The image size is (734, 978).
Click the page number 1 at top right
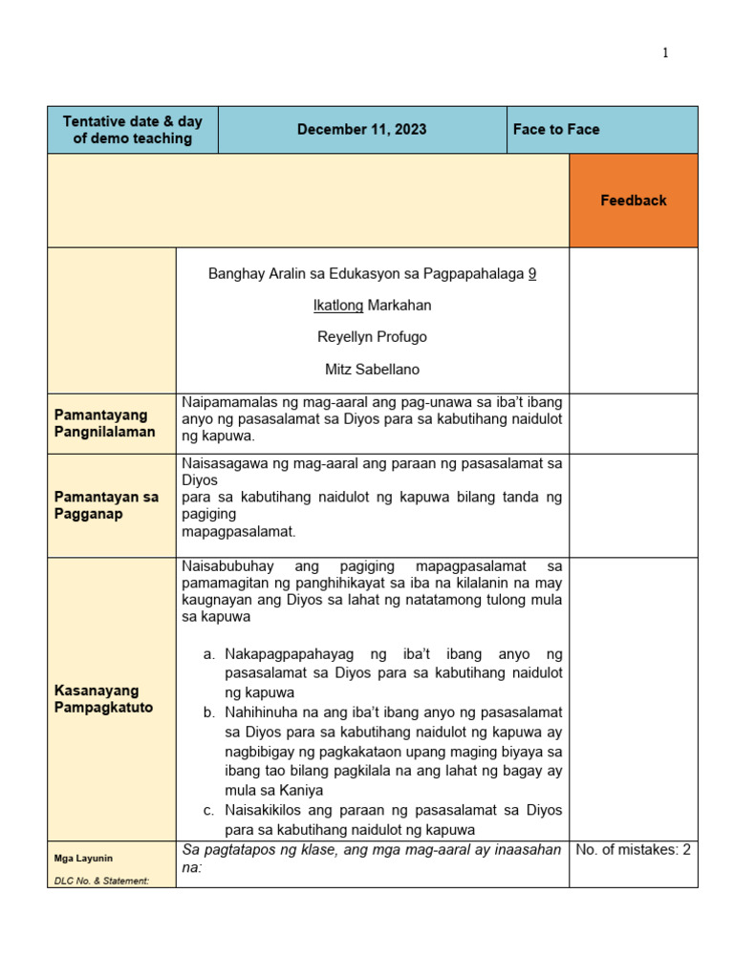point(665,53)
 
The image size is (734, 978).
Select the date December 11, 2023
point(361,130)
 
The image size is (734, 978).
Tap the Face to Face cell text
point(556,130)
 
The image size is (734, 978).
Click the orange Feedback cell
point(633,201)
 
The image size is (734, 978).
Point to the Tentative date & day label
point(133,130)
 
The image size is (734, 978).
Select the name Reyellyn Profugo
point(373,337)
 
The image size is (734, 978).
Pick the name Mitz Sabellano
point(373,369)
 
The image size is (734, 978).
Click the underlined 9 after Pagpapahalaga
point(532,274)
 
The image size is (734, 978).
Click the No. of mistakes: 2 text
point(633,850)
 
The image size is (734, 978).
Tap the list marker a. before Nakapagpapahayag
point(209,654)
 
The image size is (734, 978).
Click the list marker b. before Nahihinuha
point(209,712)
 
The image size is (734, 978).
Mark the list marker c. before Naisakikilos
point(209,810)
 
